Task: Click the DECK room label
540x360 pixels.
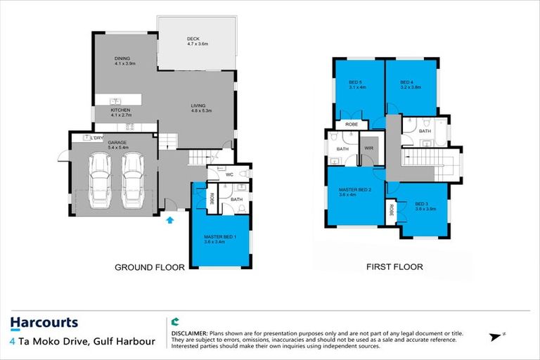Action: (195, 41)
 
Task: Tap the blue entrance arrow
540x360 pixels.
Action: (169, 220)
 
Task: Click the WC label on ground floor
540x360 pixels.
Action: (229, 174)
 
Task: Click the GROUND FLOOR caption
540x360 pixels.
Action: (150, 267)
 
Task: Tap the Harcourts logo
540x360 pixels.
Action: (44, 323)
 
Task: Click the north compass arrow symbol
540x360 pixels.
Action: (498, 337)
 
